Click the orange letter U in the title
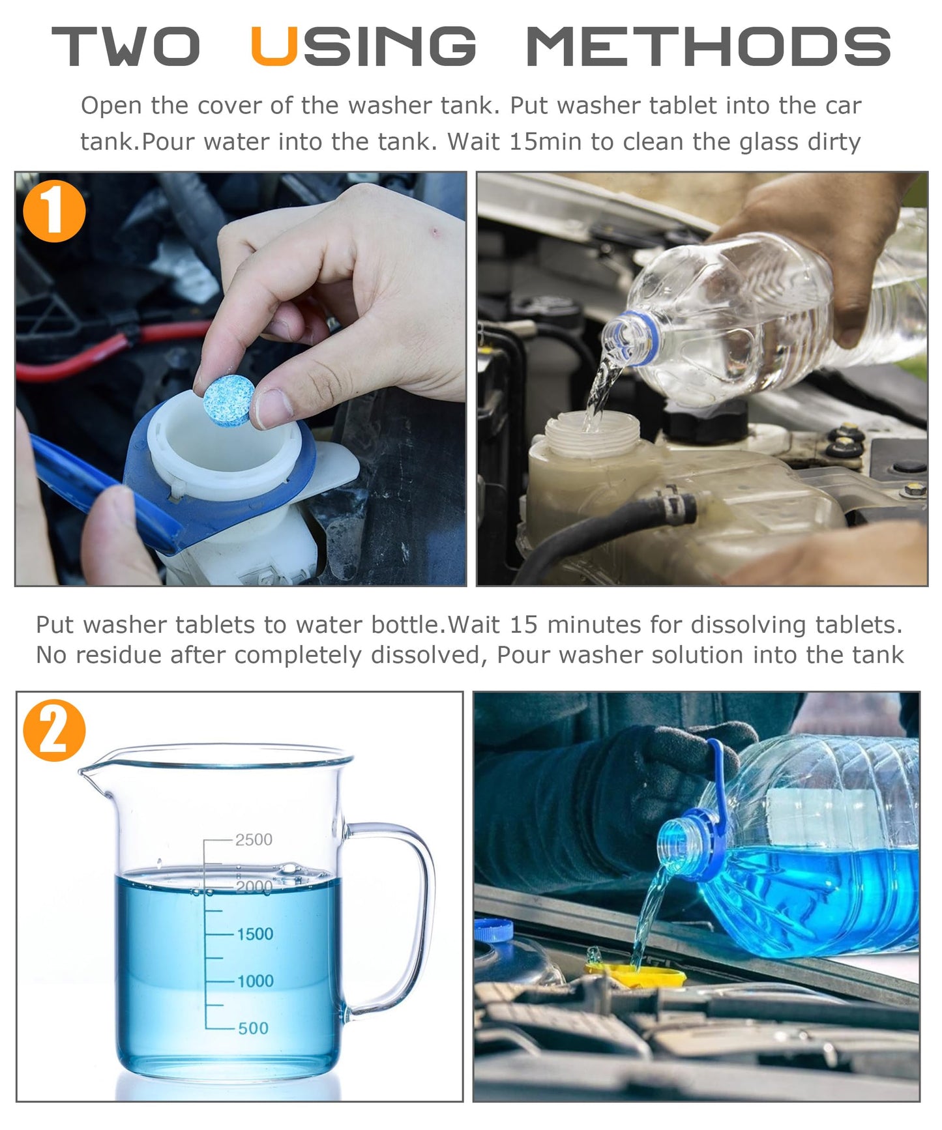click(x=274, y=47)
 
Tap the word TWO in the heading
click(x=125, y=47)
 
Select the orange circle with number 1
click(x=54, y=211)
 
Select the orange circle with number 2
click(x=54, y=731)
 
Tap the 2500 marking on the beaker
click(x=254, y=839)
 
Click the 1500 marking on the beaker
click(x=254, y=934)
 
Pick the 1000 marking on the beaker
click(x=254, y=981)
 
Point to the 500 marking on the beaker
click(x=253, y=1028)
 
